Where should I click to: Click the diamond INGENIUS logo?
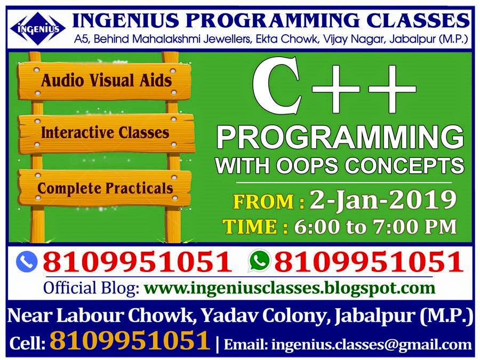tap(38, 29)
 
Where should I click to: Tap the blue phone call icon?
tap(27, 262)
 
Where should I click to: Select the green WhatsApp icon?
tap(260, 261)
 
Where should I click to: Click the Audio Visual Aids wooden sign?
tap(105, 81)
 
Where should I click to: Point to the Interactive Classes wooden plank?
tap(106, 133)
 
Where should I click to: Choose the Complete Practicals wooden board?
tap(105, 188)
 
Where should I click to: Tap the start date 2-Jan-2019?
tap(382, 201)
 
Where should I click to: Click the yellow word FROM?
tap(264, 202)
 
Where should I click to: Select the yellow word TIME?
tap(251, 227)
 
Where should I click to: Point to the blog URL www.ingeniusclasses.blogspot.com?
tap(289, 288)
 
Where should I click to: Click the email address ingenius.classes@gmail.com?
tap(372, 345)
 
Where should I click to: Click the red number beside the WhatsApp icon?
tap(369, 262)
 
